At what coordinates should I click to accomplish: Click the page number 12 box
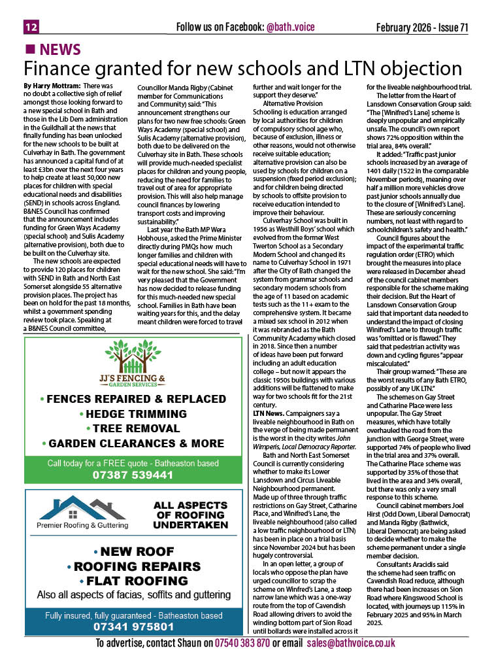point(31,27)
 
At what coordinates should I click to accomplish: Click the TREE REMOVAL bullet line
point(133,429)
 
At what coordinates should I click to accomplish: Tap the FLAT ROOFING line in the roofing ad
point(133,580)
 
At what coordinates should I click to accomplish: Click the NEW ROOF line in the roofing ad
point(133,551)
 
